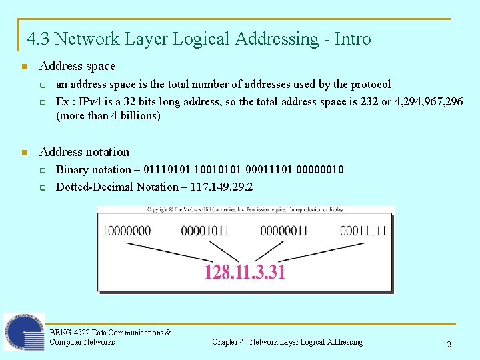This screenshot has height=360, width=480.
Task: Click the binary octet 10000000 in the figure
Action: [x=127, y=231]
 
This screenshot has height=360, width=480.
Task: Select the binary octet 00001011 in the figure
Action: [x=205, y=231]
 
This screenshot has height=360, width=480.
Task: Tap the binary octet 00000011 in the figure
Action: [x=285, y=231]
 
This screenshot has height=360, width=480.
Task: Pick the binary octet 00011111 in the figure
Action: [x=363, y=231]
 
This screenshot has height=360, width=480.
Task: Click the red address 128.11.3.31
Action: [x=245, y=272]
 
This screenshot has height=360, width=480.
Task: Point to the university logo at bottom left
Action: [x=24, y=331]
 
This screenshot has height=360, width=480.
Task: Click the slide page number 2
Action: [x=449, y=345]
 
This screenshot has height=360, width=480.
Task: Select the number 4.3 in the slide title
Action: [x=38, y=39]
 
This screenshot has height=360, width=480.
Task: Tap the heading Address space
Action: [x=77, y=66]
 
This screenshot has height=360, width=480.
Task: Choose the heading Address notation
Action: [x=85, y=151]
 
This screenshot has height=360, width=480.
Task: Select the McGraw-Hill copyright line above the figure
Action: [x=245, y=209]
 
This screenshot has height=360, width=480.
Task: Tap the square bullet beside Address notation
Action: [x=24, y=152]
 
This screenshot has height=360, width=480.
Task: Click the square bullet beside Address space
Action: [x=24, y=67]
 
